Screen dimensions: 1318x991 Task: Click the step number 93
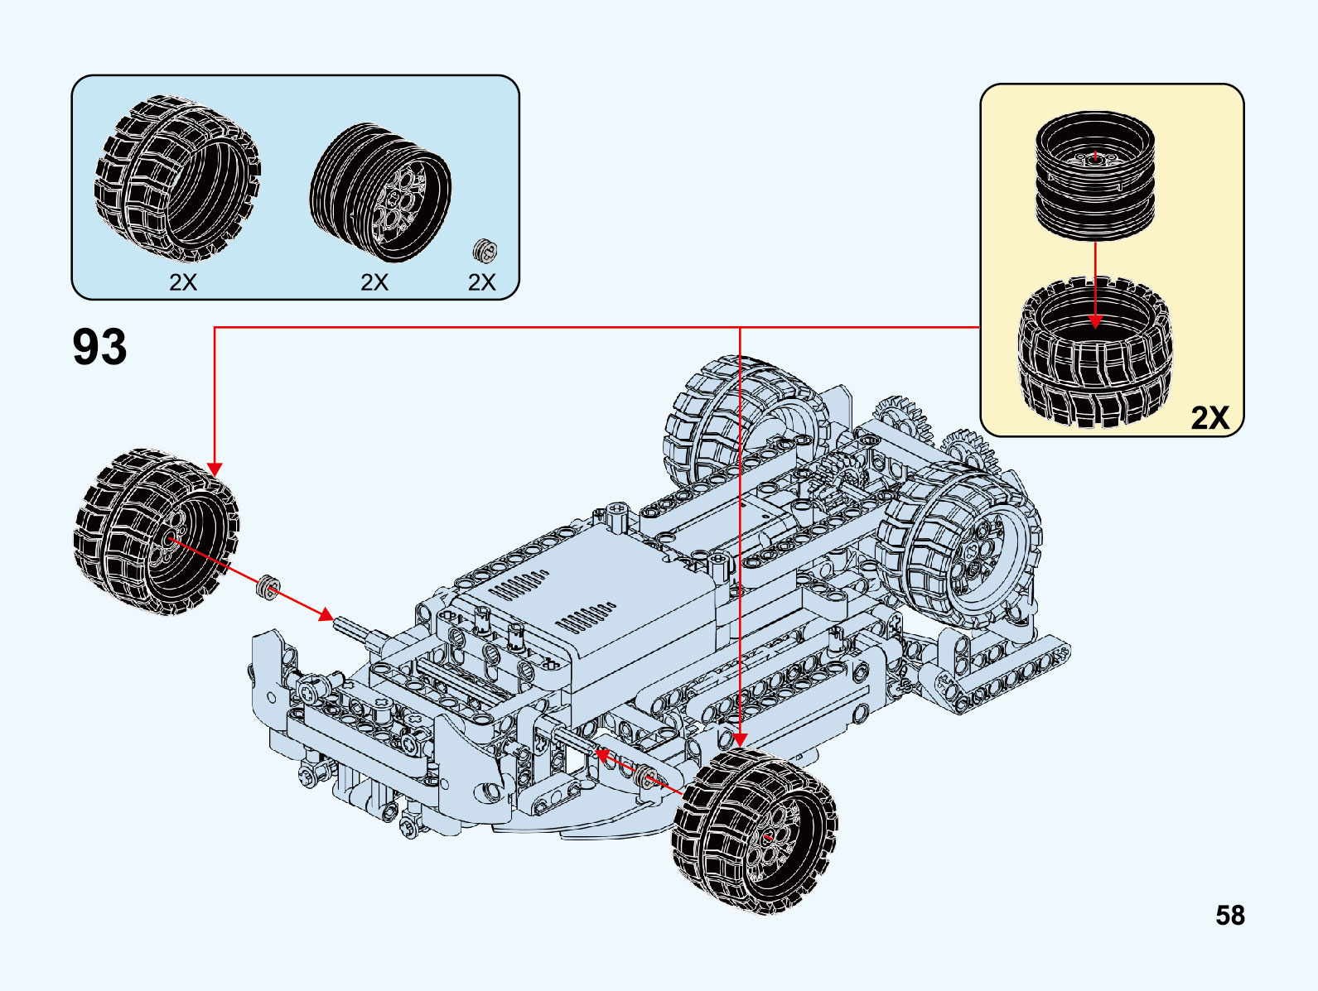(99, 347)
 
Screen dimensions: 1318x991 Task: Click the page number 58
(1230, 916)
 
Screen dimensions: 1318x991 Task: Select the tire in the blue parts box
(178, 178)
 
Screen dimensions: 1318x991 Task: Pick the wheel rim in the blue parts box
(381, 193)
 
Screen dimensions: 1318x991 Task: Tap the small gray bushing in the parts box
(485, 250)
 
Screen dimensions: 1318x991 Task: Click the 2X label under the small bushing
(482, 282)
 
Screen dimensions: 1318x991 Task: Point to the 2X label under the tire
(183, 282)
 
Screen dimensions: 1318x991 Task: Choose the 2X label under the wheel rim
(374, 282)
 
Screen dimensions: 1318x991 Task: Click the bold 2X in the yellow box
(1210, 417)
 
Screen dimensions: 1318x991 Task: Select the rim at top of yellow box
(1095, 176)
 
